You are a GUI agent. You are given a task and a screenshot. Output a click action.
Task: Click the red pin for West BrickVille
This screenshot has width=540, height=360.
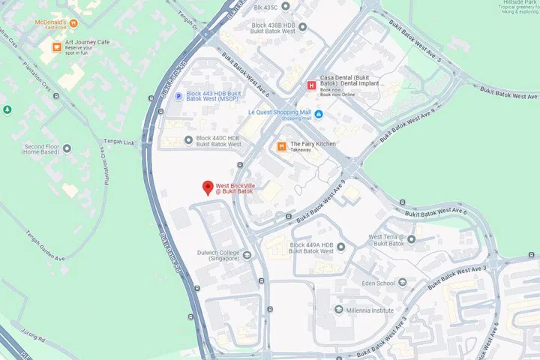pos(208,188)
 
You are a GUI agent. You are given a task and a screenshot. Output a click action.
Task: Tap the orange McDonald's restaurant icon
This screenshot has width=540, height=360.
pos(73,23)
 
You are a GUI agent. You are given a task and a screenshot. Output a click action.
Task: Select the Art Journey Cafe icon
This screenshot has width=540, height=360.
pos(56,46)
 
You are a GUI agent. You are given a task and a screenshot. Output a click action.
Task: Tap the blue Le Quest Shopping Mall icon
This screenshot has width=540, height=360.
pos(319,113)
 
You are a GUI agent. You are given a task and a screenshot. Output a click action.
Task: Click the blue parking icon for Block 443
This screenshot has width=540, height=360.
pos(178,96)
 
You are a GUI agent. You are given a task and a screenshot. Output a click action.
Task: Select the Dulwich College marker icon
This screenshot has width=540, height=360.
pos(247,256)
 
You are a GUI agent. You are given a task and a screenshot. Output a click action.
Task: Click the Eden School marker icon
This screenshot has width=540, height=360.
pos(402,283)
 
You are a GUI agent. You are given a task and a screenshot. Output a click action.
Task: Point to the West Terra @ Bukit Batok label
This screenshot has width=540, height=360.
pos(386,240)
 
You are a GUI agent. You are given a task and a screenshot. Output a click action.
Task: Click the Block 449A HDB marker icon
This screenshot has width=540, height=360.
pos(341,247)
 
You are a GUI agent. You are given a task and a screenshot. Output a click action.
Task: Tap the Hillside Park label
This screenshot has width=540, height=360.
pos(519,3)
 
